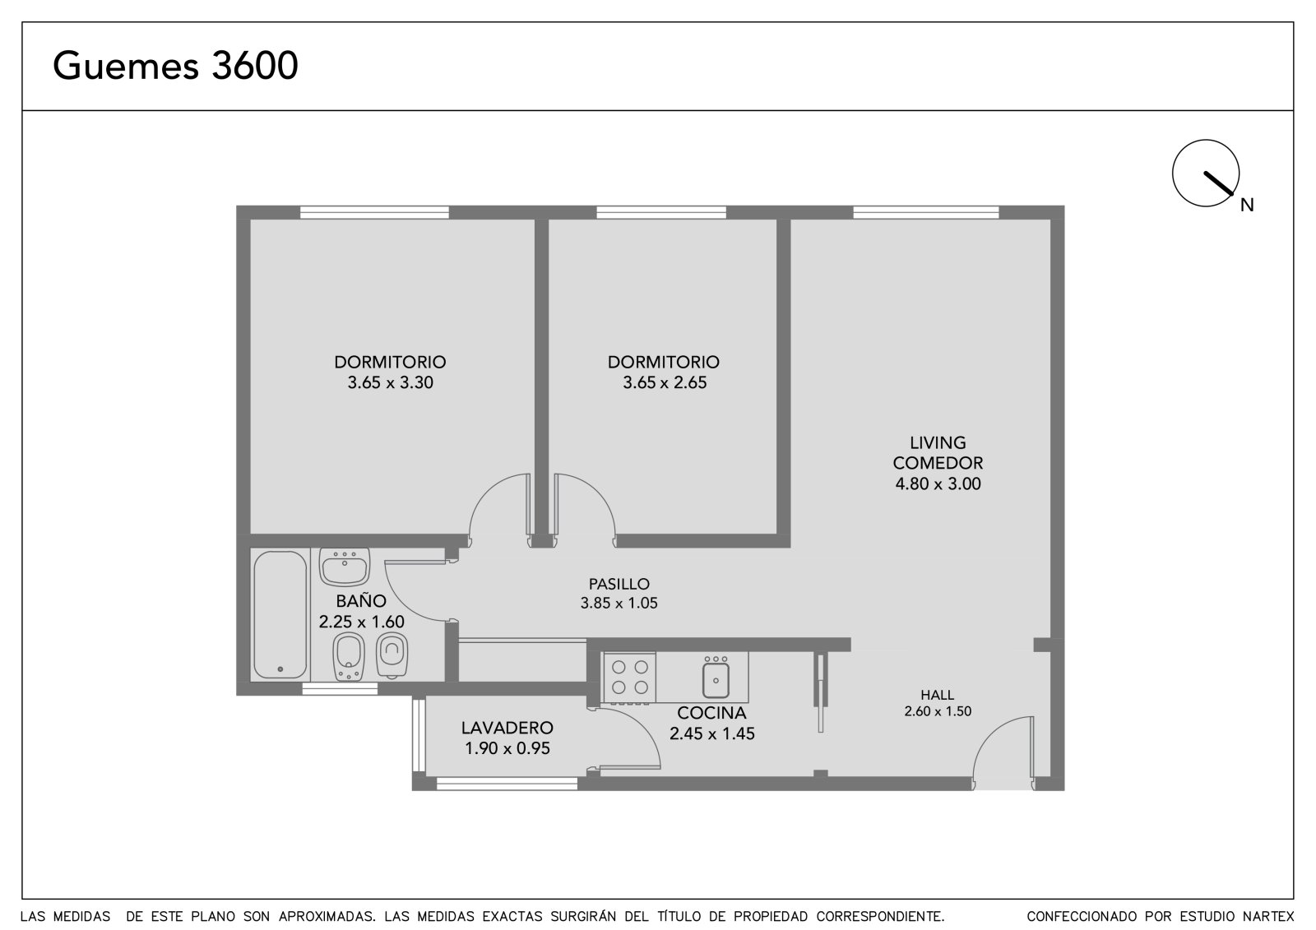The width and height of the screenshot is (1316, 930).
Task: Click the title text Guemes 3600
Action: point(175,65)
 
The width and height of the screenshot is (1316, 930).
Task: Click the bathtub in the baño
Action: point(280,614)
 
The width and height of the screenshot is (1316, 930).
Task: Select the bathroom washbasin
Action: point(345,567)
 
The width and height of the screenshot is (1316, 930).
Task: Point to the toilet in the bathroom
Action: point(392,655)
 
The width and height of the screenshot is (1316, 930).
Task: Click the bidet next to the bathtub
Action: point(349,657)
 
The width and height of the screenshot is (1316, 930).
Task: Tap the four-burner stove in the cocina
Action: point(630,678)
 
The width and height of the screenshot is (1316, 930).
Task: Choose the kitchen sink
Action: point(716,678)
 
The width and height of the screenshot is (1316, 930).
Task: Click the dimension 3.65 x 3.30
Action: point(390,382)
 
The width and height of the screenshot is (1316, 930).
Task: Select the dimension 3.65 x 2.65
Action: point(665,382)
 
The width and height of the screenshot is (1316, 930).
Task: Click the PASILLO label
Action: point(619,584)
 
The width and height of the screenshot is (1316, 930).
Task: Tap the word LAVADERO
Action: point(507,728)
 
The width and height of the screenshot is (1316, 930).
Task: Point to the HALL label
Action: point(937,695)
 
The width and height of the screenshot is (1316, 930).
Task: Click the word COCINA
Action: point(711,713)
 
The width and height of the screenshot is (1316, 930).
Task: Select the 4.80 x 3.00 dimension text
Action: point(938,484)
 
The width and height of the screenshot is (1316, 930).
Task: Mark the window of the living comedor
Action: point(925,212)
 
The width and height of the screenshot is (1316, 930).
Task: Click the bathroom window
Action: point(340,688)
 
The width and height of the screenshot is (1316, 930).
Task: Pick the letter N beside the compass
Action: point(1247,205)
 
